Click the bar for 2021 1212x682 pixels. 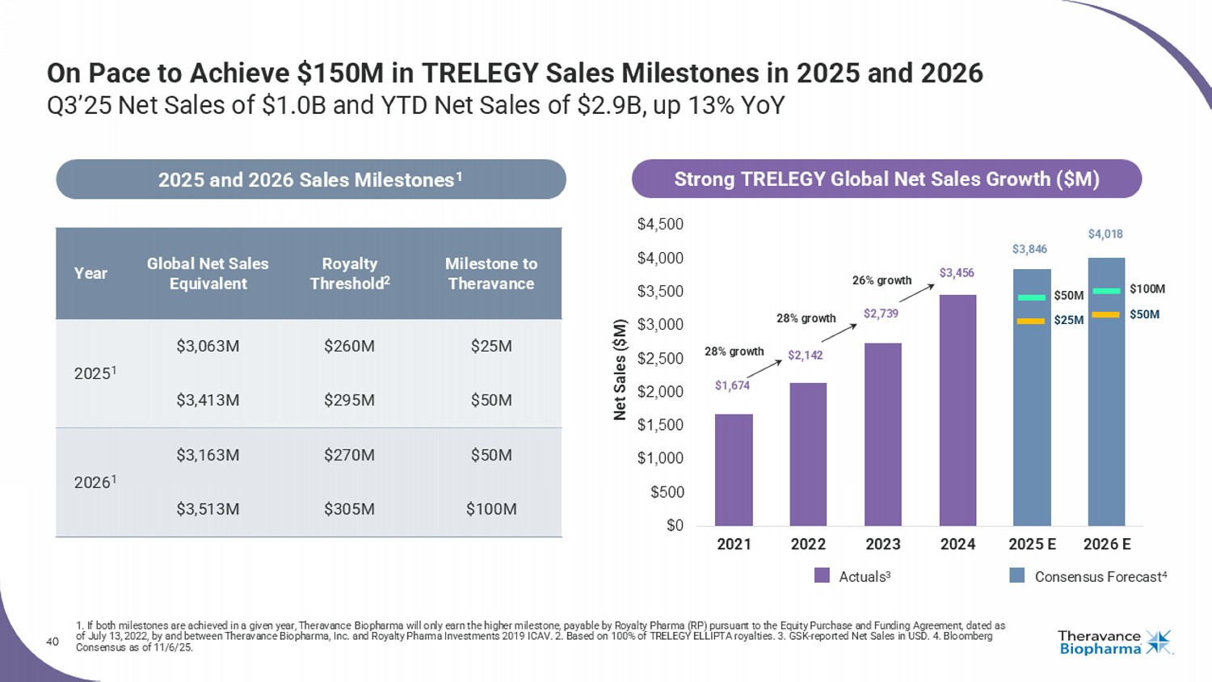(x=734, y=469)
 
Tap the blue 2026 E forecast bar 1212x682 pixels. (x=1106, y=404)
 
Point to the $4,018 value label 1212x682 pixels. (x=1105, y=234)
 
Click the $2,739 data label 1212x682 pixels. (x=881, y=314)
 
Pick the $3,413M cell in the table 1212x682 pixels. (x=208, y=400)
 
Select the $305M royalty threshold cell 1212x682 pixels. (x=349, y=509)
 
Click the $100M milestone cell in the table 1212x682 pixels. (x=491, y=509)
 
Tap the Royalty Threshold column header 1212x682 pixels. (x=349, y=273)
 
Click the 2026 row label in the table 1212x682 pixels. (x=95, y=482)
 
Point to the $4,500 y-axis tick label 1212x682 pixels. (x=660, y=224)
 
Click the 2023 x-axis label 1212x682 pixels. (x=882, y=544)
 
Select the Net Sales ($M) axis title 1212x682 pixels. (x=620, y=369)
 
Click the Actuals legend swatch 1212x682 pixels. (x=822, y=575)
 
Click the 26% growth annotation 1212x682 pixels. (x=882, y=280)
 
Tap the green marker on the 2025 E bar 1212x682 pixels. (x=1031, y=297)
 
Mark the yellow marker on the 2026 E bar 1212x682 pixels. (x=1105, y=314)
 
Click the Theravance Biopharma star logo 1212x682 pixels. (x=1159, y=642)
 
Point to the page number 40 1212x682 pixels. (x=53, y=642)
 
